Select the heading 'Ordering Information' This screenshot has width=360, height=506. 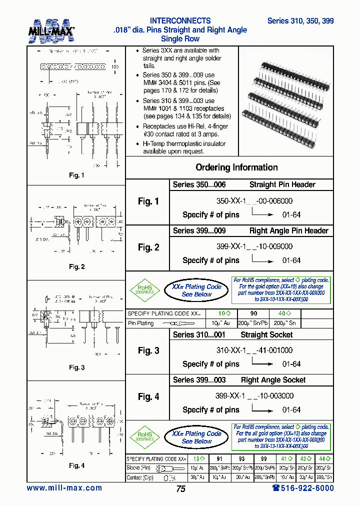coord(236,167)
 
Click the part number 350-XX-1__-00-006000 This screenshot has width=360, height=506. coord(254,201)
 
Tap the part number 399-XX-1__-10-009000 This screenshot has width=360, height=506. coord(254,246)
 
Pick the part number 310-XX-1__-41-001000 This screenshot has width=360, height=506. coord(254,350)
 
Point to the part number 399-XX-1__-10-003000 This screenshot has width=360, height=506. coord(254,396)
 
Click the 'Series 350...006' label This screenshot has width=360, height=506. coord(199,184)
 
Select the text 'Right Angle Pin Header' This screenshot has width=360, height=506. coord(288,230)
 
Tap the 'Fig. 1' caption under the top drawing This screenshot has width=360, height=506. coord(76,175)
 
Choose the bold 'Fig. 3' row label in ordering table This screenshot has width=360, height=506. coord(148,351)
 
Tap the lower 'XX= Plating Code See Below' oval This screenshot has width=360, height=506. coord(196,437)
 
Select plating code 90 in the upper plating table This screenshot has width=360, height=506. coord(254,313)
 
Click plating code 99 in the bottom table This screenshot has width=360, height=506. coord(263,458)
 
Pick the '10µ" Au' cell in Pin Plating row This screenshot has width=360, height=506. coord(220,323)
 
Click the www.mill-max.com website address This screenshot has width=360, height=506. coord(64,488)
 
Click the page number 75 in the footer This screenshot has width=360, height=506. coord(180,489)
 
